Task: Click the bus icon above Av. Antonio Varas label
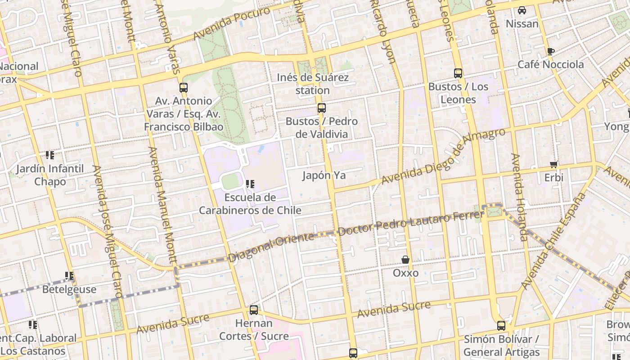[x=183, y=88]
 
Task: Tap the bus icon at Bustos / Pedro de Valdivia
[x=321, y=108]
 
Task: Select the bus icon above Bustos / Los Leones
[x=458, y=73]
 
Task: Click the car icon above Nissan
[x=522, y=10]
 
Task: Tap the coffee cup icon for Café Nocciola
[x=550, y=51]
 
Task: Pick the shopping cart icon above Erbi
[x=553, y=165]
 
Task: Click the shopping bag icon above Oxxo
[x=405, y=260]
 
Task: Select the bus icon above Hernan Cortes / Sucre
[x=254, y=310]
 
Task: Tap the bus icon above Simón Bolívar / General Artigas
[x=501, y=326]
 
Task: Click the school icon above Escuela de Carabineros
[x=250, y=184]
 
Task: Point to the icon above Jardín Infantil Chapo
[x=50, y=156]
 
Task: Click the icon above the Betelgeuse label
[x=69, y=276]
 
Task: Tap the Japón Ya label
[x=324, y=175]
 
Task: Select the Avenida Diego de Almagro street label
[x=443, y=156]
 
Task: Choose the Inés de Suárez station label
[x=313, y=84]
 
